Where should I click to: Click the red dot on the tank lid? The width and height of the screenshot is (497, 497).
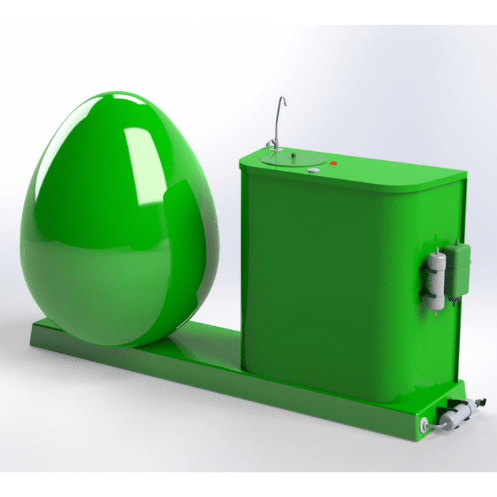(x=334, y=163)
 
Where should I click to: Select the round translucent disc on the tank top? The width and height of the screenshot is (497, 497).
(x=291, y=159)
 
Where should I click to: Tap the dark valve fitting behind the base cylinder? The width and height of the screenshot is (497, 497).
(x=478, y=403)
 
